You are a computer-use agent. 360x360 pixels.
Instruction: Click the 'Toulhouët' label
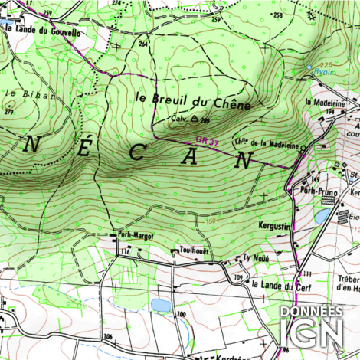tap(195, 250)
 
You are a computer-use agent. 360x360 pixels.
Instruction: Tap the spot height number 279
tap(9, 113)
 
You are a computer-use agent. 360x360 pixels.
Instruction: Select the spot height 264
tap(142, 44)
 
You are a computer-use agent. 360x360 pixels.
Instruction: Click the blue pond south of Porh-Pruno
tap(322, 217)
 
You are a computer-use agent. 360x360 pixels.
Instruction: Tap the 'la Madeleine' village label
tap(322, 102)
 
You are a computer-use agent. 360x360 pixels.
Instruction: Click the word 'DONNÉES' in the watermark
tap(311, 312)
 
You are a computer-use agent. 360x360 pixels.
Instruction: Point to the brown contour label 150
tap(211, 222)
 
